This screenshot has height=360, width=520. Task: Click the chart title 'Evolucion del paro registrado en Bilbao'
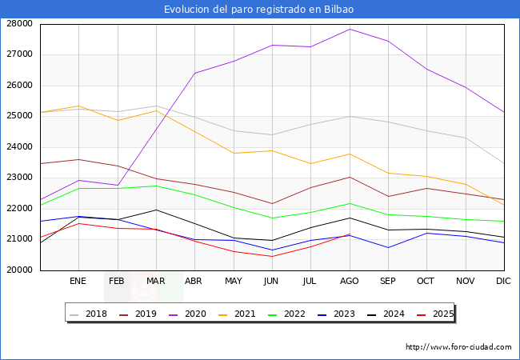click(258, 10)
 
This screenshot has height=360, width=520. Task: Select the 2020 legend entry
click(188, 314)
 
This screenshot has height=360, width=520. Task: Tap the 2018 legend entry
click(89, 314)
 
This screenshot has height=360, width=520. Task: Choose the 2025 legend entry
click(435, 314)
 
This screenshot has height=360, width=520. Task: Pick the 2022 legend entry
click(287, 314)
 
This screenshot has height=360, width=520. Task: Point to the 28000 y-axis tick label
click(19, 24)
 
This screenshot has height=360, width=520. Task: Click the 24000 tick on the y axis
click(19, 147)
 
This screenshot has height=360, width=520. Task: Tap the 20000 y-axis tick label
click(19, 270)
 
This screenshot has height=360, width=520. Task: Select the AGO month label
click(350, 281)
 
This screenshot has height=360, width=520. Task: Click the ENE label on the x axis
click(78, 281)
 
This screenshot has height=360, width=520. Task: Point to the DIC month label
click(503, 281)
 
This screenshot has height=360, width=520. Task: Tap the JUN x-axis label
click(271, 281)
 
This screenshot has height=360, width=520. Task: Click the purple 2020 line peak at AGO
click(350, 29)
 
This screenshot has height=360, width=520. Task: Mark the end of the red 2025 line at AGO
click(350, 234)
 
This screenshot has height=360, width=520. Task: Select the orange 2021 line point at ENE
click(78, 106)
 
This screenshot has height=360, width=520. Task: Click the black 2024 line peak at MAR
click(156, 210)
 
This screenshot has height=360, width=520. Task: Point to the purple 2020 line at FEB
click(118, 185)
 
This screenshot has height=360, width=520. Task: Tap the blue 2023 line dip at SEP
click(388, 248)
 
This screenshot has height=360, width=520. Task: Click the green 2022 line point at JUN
click(272, 218)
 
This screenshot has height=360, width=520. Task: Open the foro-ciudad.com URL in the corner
click(458, 347)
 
